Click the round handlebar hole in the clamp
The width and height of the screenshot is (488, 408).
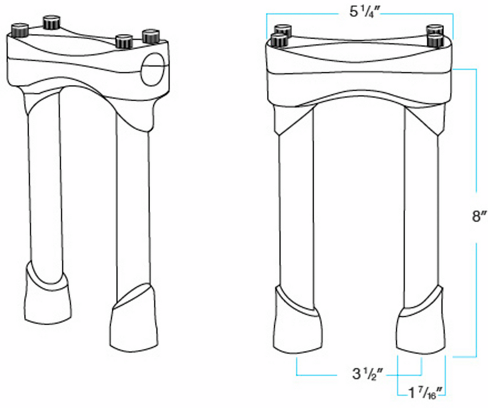tap(153, 69)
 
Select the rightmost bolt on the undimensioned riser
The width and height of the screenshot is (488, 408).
tap(151, 36)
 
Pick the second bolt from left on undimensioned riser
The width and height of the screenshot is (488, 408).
tap(51, 22)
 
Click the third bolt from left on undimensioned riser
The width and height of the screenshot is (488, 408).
tap(124, 41)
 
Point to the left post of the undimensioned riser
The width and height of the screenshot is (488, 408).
tap(45, 181)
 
